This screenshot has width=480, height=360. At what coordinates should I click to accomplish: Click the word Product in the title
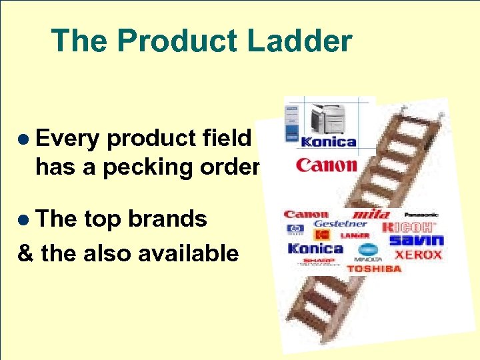click(x=174, y=41)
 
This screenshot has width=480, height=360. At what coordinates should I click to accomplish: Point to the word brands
click(x=167, y=219)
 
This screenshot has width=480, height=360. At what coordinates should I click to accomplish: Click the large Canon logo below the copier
click(x=326, y=164)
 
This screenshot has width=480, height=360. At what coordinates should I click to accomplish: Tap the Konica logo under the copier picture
click(x=329, y=141)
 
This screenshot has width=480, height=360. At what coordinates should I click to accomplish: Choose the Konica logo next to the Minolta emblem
click(x=315, y=249)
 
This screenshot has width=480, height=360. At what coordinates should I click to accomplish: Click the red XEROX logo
click(x=418, y=255)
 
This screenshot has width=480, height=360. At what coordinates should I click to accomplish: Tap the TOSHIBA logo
click(x=374, y=269)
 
